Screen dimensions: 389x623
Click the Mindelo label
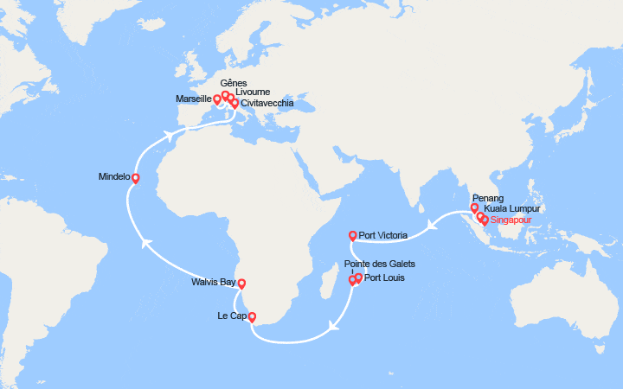point(114,176)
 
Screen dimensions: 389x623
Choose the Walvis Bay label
point(213,282)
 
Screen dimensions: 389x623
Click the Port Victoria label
point(383,234)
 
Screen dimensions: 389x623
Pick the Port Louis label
point(384,278)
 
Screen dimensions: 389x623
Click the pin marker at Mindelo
point(135,178)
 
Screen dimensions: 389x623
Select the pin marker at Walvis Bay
point(241,283)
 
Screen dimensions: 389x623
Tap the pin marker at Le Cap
point(252,316)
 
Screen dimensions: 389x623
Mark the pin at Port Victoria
point(352,235)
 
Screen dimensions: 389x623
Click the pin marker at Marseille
point(217,99)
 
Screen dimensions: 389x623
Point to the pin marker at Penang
point(474,207)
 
